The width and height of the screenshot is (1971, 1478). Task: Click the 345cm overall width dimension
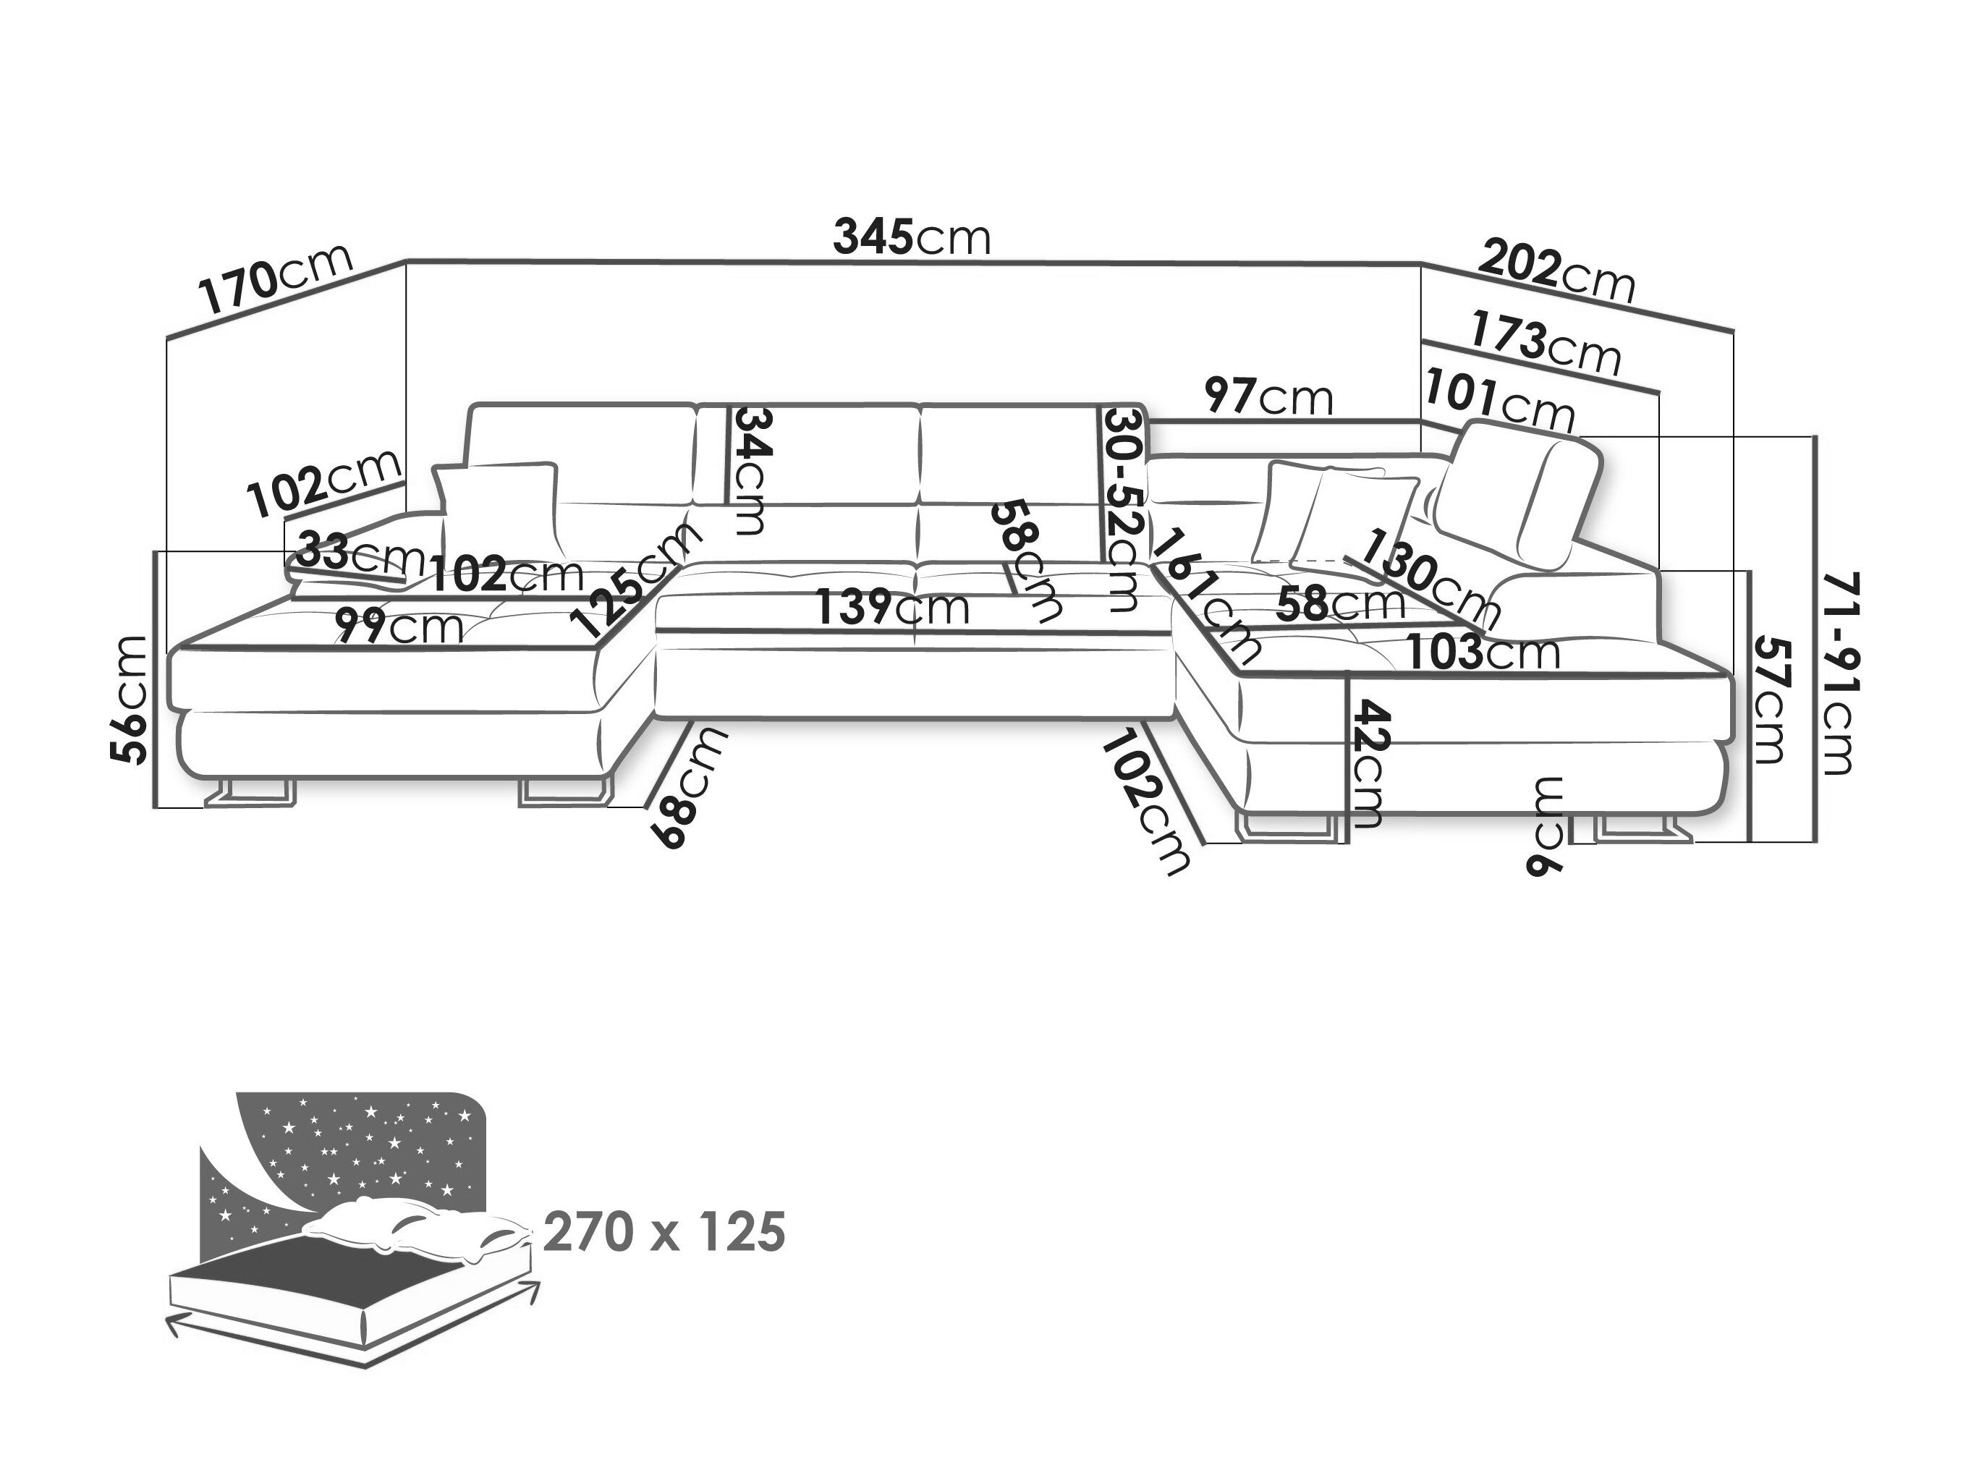pyautogui.click(x=911, y=238)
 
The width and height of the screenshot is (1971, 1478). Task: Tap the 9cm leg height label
pyautogui.click(x=1547, y=826)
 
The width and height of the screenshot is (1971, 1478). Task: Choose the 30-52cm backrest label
pyautogui.click(x=1123, y=509)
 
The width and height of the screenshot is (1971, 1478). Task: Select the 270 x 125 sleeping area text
pyautogui.click(x=664, y=1232)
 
